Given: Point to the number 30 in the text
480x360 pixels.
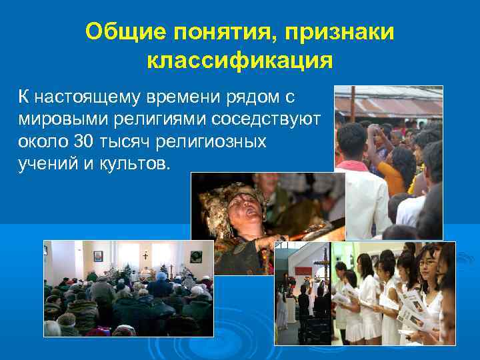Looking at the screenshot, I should click(x=85, y=142).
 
